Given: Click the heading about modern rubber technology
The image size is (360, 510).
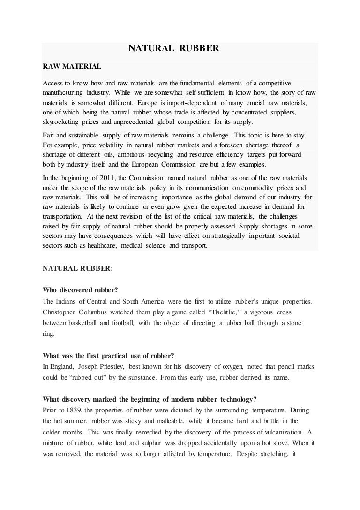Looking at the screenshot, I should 149,399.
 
